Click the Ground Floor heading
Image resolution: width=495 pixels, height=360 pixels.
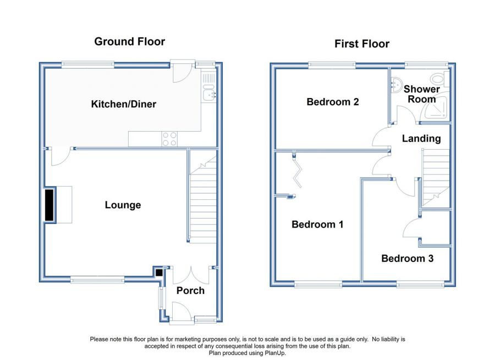point(129,41)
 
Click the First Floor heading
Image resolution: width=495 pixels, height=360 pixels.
point(362,43)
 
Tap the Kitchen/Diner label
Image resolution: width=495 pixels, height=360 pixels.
point(123,104)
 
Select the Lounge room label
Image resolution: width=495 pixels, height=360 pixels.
point(123,205)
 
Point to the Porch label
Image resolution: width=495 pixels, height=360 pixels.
point(190,291)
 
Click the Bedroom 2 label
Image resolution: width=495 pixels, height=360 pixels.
point(333,102)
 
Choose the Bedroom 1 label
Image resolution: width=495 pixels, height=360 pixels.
point(317,225)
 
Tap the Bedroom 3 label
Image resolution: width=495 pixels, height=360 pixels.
point(407,259)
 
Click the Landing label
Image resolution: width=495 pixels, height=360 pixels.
point(421,138)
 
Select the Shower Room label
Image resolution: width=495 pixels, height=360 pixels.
point(422,94)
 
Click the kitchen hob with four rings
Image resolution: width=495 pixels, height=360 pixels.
point(169,139)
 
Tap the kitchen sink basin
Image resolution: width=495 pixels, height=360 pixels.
point(209,95)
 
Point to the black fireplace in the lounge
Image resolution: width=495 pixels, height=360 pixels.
point(50,205)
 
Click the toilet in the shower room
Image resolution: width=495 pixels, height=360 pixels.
point(441,79)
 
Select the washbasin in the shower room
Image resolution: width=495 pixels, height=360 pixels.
point(395,84)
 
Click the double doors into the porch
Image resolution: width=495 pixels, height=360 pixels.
point(191,275)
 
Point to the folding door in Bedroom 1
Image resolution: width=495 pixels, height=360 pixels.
point(298,172)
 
